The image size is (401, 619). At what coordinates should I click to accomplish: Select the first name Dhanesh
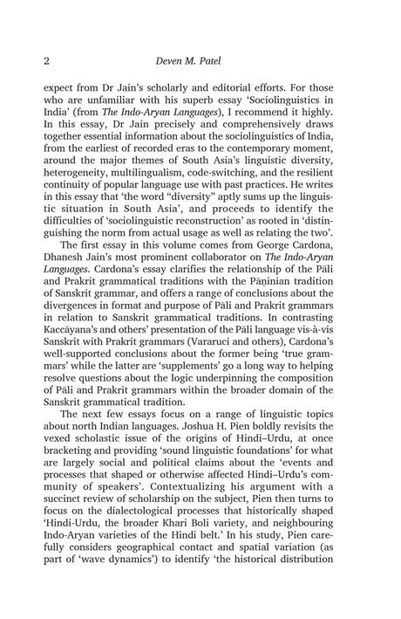pos(65,295)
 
